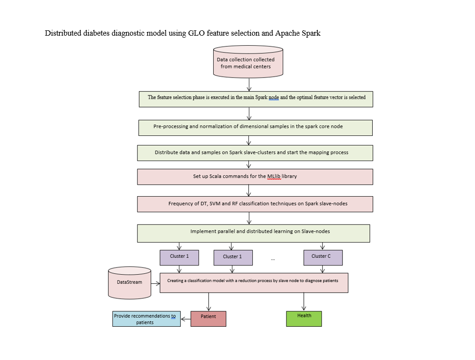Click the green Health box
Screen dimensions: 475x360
304,319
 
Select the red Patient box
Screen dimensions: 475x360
208,319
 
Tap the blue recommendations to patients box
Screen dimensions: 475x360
146,319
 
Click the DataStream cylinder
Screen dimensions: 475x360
130,283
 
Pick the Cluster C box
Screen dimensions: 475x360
323,258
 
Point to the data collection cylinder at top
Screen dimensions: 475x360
248,62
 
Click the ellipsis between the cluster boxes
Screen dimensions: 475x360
273,259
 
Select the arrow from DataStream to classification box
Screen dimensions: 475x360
155,283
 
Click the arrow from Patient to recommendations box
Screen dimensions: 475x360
186,319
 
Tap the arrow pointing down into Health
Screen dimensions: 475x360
304,302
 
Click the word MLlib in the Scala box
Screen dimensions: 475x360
274,176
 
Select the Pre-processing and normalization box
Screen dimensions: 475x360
256,128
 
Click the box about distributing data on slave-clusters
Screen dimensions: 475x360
255,153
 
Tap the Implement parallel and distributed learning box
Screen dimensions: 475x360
254,233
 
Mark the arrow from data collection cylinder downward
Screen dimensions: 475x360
249,84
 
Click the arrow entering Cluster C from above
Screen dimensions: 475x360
322,246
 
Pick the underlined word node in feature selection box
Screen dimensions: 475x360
273,97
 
